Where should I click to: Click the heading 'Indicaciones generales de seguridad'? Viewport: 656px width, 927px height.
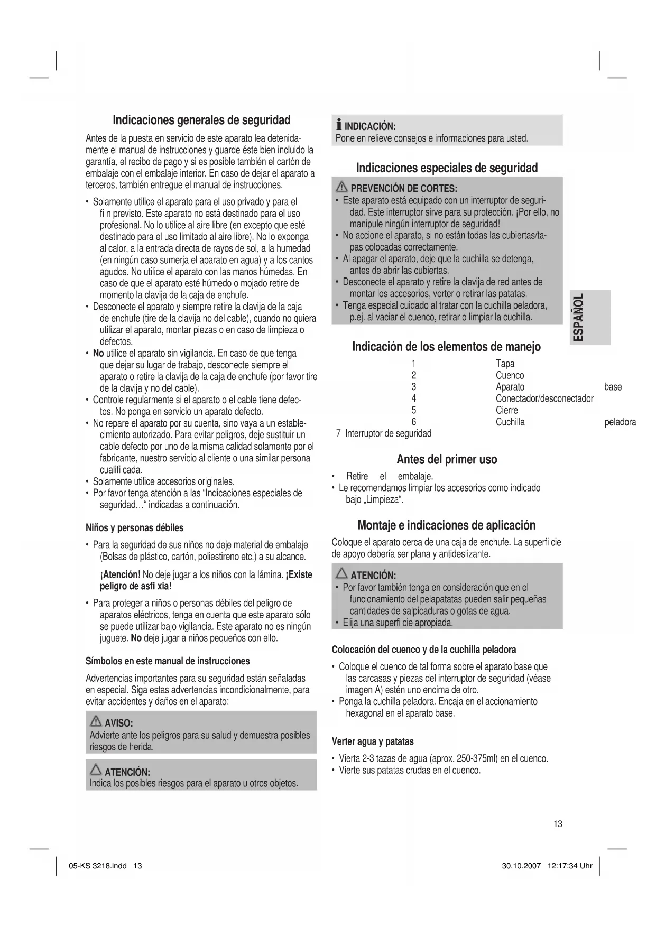(201, 120)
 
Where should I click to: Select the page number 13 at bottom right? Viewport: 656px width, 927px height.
(558, 824)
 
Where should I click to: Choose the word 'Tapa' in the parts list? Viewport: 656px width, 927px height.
(505, 364)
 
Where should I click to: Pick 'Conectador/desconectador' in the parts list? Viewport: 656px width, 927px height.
(544, 398)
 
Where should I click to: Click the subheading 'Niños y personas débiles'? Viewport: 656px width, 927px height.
(134, 528)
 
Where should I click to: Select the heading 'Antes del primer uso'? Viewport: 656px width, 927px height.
(446, 459)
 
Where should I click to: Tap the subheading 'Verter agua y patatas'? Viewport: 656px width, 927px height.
(372, 741)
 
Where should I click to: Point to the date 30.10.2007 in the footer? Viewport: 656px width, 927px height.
(521, 866)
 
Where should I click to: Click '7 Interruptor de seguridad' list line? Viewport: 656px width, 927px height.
(384, 434)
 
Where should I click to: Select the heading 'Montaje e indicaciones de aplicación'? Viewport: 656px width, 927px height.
(446, 525)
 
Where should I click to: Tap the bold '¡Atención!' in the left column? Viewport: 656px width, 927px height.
(120, 575)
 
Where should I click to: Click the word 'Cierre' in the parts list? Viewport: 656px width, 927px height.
(506, 410)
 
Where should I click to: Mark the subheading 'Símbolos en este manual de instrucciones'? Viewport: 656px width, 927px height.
(168, 661)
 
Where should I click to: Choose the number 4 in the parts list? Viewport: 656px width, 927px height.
(414, 398)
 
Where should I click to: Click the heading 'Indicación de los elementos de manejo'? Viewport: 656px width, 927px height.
(446, 347)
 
